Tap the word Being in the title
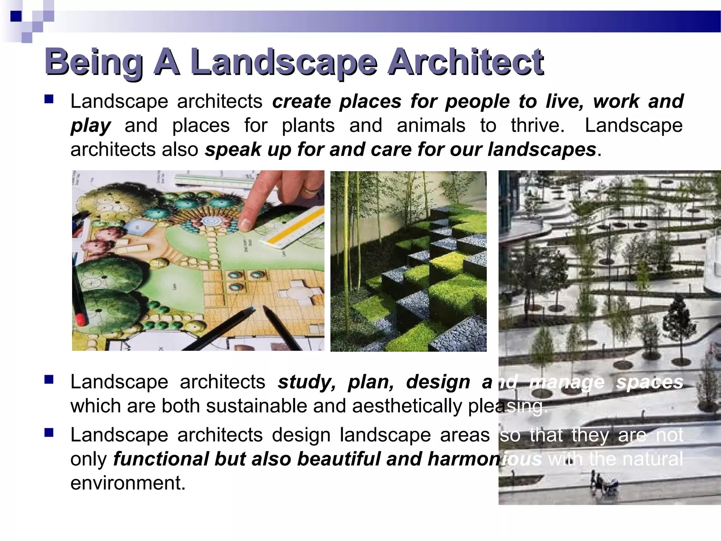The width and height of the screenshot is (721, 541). pos(94,63)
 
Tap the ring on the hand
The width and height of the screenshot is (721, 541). pos(312,190)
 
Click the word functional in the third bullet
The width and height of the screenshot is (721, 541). pos(160,459)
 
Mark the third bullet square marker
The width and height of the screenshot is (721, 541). pos(49,432)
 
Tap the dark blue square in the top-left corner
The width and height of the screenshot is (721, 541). pos(16,16)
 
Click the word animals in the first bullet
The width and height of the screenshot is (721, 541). pos(431,125)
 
